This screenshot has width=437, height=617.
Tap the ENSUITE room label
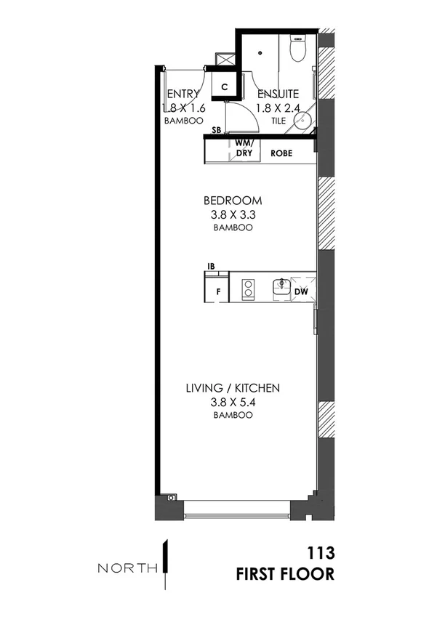click(277, 94)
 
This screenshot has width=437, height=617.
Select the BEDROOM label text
click(233, 201)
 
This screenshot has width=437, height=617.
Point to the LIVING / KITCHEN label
click(233, 388)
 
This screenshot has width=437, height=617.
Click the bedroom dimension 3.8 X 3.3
click(233, 214)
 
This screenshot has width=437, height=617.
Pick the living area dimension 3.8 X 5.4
click(233, 402)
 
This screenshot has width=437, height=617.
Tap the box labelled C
click(225, 86)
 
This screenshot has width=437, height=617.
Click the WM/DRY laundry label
click(243, 149)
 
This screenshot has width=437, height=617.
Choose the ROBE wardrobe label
click(281, 154)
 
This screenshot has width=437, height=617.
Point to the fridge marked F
click(217, 292)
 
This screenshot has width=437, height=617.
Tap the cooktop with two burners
click(247, 289)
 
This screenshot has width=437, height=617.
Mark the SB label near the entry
click(216, 131)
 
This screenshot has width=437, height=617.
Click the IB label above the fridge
click(212, 267)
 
